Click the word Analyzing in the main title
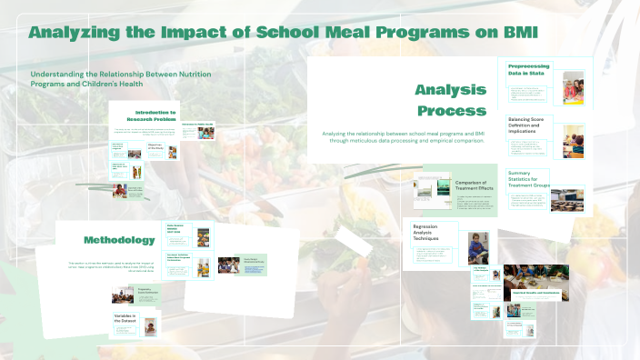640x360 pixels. (x=75, y=33)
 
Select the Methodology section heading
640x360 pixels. (x=118, y=240)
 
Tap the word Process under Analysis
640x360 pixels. (x=452, y=111)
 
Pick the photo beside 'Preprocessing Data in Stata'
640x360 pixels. (x=573, y=87)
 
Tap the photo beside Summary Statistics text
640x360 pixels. (x=567, y=199)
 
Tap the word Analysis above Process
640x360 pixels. (x=450, y=89)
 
